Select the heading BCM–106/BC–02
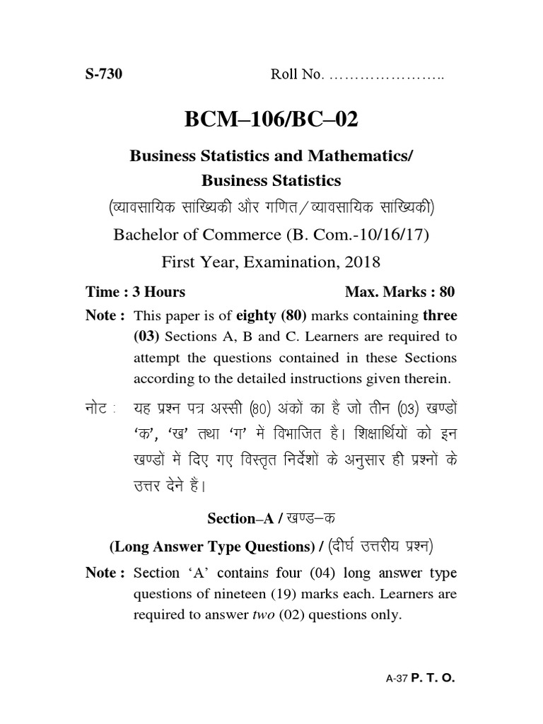[x=271, y=120]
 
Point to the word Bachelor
[x=146, y=235]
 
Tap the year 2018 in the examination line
[x=361, y=262]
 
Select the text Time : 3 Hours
[x=135, y=291]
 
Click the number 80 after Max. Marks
[x=447, y=291]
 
